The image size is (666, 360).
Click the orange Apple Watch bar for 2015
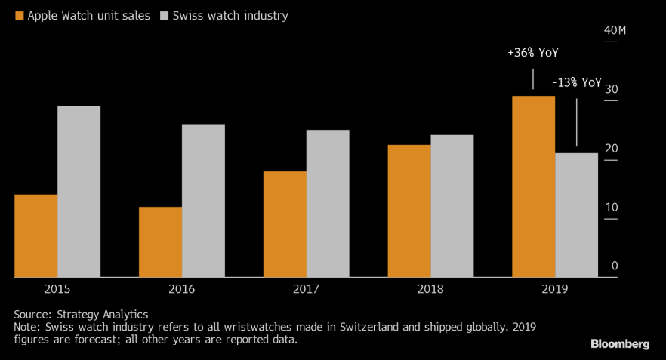(35, 236)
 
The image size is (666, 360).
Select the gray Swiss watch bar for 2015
(79, 192)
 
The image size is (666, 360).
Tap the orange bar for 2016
(160, 242)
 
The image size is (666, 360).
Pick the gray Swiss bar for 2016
(203, 201)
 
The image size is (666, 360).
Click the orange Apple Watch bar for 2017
(285, 224)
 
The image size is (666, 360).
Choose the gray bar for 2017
(328, 204)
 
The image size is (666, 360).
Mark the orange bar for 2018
(409, 211)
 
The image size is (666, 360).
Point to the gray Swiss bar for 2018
(452, 206)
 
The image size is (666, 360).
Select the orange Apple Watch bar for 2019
(533, 186)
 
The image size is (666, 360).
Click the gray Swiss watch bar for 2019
(576, 215)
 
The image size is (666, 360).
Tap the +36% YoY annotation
(533, 54)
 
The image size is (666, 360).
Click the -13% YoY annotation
(577, 82)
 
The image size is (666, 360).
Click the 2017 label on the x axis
(307, 289)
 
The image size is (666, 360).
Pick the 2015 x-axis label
(57, 289)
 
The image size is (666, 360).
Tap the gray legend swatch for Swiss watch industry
(166, 15)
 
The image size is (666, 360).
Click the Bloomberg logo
(619, 344)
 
